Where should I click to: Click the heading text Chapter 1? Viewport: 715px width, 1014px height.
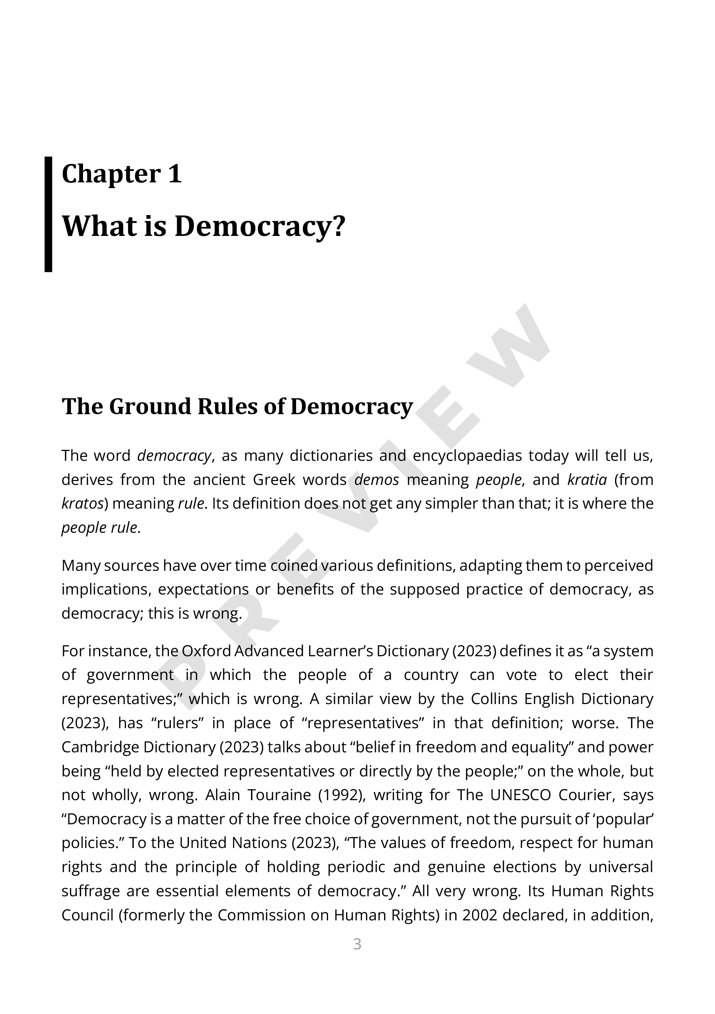click(121, 174)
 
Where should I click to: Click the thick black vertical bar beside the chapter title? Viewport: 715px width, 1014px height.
click(48, 214)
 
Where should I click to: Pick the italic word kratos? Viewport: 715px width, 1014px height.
click(82, 503)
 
